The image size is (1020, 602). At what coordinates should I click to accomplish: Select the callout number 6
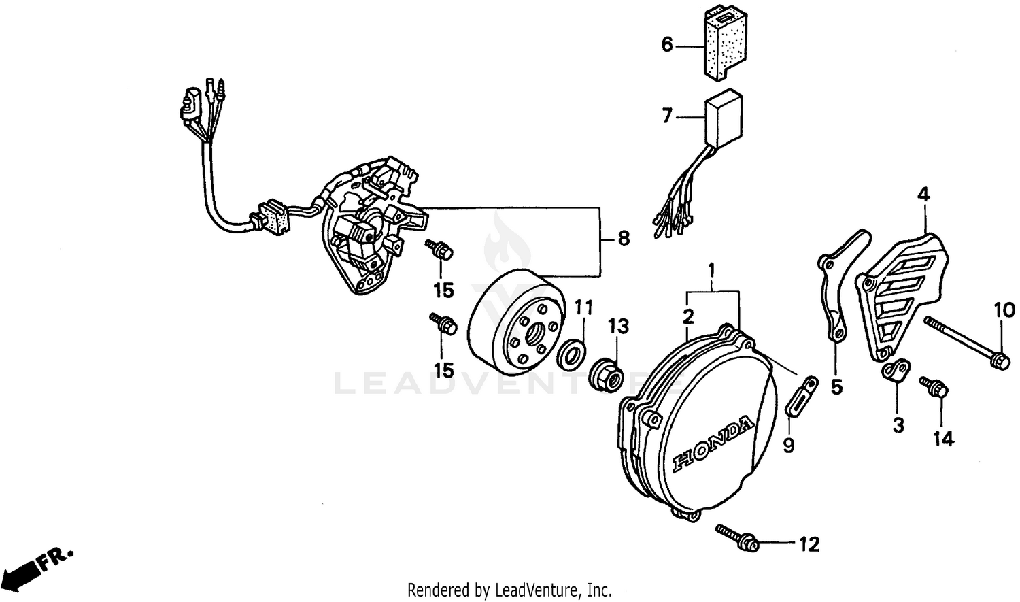pos(667,45)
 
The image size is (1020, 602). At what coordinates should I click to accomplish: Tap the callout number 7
pos(667,116)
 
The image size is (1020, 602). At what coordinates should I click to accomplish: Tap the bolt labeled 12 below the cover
pos(737,536)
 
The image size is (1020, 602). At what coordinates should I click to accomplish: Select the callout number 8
pos(623,239)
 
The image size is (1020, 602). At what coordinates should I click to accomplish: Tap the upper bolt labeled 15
pos(440,250)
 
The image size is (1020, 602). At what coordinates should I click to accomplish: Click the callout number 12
pos(809,544)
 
